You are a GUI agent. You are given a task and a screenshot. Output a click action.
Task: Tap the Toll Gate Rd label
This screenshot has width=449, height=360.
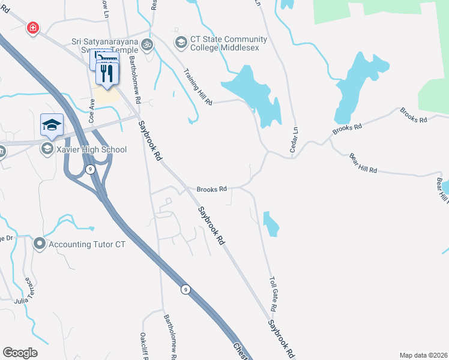coord(273,293)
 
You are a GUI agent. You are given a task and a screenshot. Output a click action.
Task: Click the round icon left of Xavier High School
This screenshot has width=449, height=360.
coord(47,149)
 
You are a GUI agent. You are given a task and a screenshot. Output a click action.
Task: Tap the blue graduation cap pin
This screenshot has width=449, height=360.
coord(52,125)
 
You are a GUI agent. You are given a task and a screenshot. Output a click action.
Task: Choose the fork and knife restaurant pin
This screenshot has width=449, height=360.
coord(107,74)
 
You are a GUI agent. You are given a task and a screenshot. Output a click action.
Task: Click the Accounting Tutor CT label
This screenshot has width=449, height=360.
coord(87,244)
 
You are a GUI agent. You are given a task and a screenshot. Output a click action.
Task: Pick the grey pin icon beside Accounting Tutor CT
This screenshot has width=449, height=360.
coord(40,244)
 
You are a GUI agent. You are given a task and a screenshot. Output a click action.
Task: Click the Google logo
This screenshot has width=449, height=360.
coord(20,353)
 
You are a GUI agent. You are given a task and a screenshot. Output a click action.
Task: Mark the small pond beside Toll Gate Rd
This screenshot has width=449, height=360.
coord(271,224)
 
